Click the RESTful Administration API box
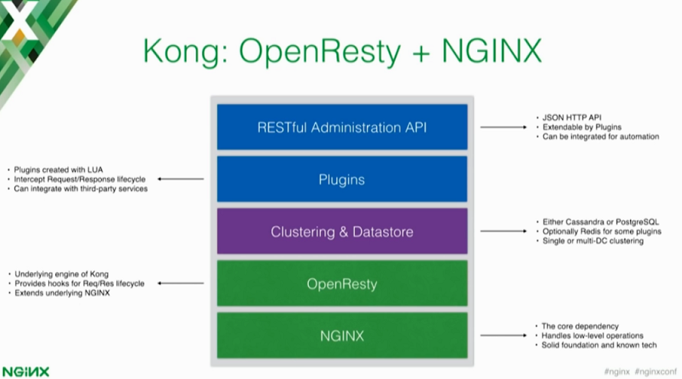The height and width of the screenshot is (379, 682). [342, 127]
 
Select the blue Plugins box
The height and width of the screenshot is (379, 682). [342, 180]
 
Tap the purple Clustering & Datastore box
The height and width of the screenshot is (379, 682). [342, 232]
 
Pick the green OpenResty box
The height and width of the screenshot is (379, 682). [342, 283]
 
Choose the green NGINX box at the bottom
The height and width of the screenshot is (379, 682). [342, 335]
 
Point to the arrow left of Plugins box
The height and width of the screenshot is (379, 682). [181, 180]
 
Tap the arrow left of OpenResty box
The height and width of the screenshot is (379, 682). [181, 283]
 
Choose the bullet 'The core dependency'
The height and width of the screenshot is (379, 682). [580, 326]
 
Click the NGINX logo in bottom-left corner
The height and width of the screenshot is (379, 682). [25, 371]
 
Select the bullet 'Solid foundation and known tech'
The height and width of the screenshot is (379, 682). [599, 345]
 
